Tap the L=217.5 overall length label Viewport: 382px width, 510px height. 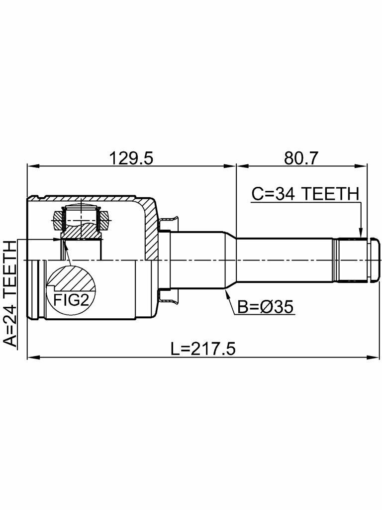click(202, 348)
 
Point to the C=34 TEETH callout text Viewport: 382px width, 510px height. click(304, 193)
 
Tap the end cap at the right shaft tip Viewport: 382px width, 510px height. click(371, 259)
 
